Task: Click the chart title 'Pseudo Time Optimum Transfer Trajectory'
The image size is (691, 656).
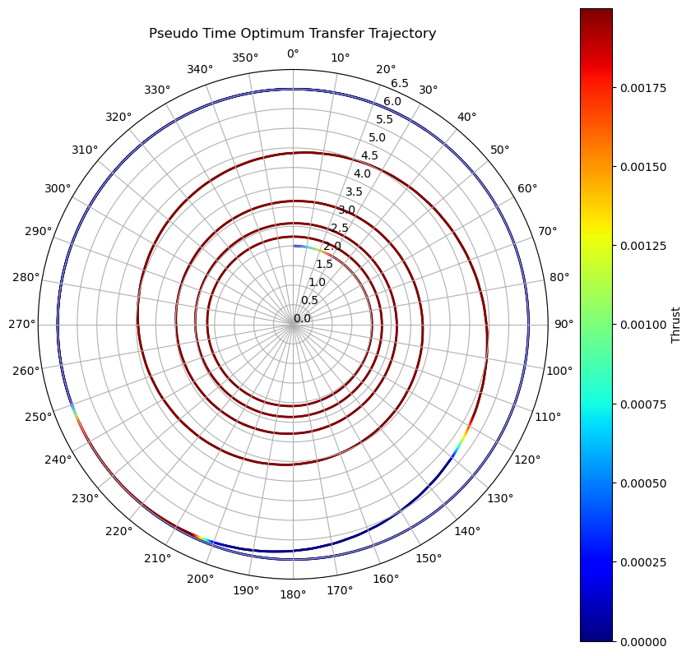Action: [x=292, y=34]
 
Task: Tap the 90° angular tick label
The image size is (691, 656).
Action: [x=563, y=324]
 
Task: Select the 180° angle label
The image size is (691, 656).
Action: [x=293, y=594]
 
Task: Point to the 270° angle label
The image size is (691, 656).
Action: [x=22, y=324]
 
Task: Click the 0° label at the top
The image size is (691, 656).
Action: [x=293, y=54]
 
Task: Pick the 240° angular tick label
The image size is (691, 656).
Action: [x=58, y=460]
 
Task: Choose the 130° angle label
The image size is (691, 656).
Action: [x=500, y=498]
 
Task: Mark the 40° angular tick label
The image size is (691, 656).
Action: [x=466, y=118]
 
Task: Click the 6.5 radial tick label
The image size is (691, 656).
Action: [x=400, y=83]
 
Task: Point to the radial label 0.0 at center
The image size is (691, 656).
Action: [x=302, y=318]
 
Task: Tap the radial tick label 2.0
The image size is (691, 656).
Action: [x=332, y=246]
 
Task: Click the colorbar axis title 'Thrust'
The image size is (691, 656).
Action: [x=675, y=325]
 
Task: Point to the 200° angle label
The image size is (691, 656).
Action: [x=200, y=578]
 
